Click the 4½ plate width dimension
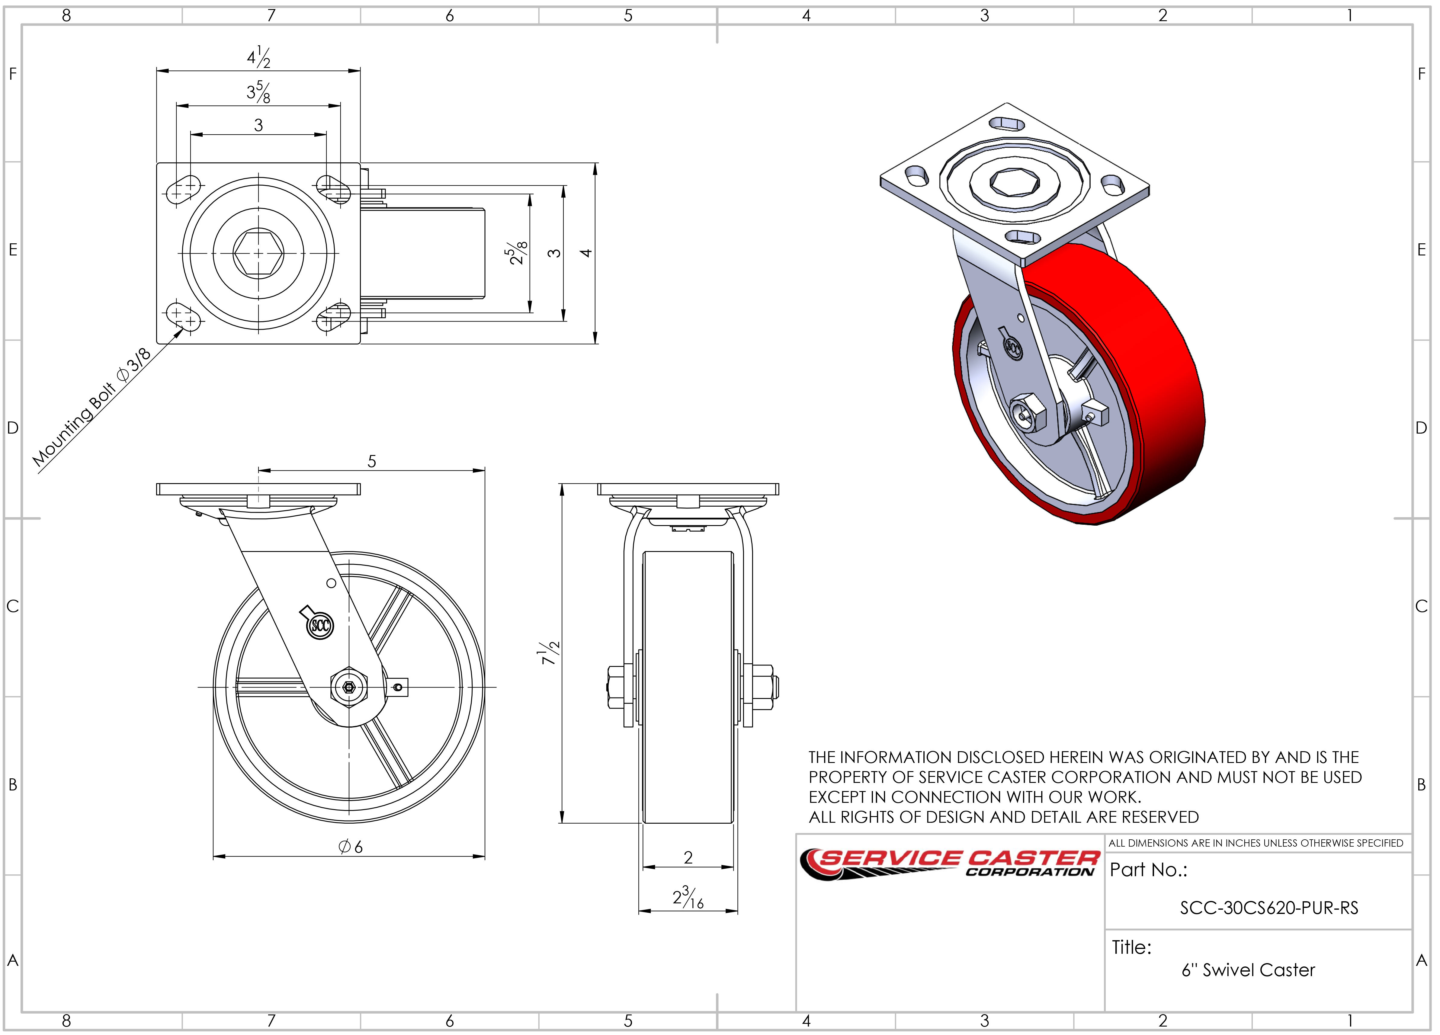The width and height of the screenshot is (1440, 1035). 258,58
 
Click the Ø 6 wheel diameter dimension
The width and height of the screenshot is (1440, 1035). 351,846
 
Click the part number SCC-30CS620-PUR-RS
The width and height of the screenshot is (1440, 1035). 1268,908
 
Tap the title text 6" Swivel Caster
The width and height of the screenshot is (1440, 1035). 1248,970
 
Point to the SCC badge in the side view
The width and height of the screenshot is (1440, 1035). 320,626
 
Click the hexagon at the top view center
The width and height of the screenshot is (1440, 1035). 258,253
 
